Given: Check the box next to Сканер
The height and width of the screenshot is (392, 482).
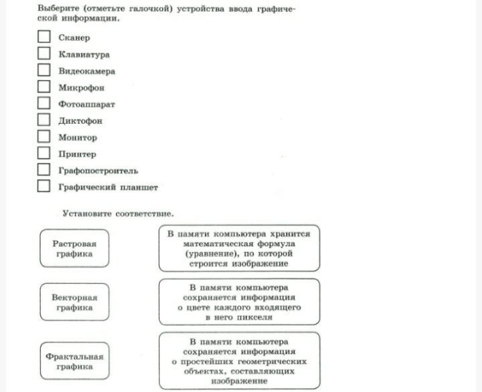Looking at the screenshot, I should pos(44,37).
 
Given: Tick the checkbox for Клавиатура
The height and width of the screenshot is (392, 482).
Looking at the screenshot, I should pos(44,54).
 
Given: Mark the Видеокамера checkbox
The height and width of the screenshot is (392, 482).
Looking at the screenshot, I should pos(44,70).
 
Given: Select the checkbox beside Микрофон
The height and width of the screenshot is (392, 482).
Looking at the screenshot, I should pos(44,87).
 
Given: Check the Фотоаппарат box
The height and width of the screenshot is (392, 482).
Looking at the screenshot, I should pos(44,104).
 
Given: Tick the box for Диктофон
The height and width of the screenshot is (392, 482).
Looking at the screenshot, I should pos(44,120).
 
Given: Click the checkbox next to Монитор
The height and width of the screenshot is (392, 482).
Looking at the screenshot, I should pos(44,136).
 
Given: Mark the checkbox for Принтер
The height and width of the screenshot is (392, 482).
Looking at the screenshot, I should pos(44,153).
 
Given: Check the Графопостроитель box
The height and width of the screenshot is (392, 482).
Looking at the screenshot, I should pos(44,170).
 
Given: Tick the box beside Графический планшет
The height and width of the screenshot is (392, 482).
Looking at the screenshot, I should pos(44,187).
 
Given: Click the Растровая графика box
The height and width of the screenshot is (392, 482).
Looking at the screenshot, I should pos(74,249).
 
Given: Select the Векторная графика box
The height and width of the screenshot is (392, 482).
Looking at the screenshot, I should pos(74,302).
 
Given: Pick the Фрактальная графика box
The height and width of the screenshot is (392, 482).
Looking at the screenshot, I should pos(74,362).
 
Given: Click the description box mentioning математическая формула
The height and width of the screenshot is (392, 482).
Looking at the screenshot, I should pos(239,248).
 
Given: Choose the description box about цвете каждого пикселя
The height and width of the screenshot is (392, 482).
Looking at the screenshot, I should pos(239,302).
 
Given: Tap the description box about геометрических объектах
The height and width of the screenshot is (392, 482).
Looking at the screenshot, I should pos(239,361).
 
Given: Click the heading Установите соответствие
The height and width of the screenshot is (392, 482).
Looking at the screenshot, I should pos(117,214).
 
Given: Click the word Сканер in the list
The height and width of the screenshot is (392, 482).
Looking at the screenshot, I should pos(74,37).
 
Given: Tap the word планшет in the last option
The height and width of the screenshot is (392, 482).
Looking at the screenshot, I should pos(139,187).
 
